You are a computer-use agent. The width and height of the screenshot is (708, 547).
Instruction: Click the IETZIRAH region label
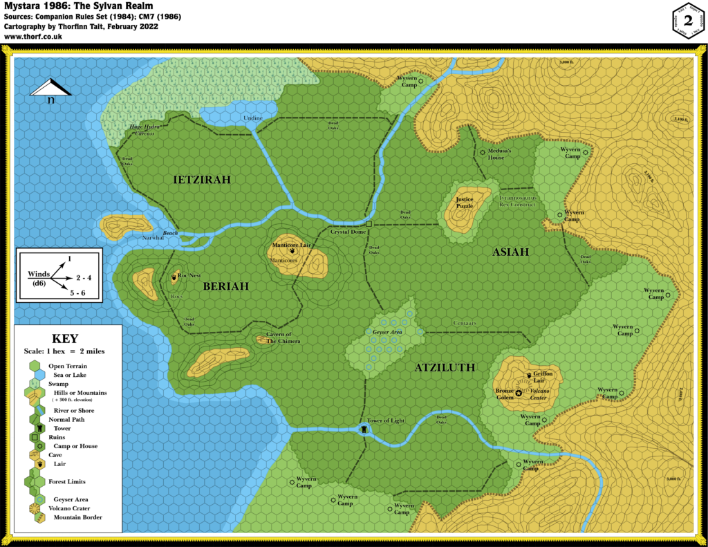point(201,180)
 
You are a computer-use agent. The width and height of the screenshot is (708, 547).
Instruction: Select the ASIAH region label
point(510,252)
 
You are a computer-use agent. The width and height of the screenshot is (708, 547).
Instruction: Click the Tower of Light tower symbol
point(364,429)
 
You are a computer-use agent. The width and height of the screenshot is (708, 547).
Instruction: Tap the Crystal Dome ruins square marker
point(369,224)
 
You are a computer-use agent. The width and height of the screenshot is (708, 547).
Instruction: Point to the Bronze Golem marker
point(519,392)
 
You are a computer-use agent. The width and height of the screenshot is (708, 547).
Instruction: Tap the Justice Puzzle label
point(464,203)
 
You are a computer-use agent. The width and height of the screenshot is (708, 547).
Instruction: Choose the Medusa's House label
point(499,154)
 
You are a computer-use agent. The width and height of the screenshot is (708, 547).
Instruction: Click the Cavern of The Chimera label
point(283,337)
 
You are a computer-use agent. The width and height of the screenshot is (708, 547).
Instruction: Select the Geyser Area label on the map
point(387,332)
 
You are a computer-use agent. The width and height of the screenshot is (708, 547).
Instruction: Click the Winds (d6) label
point(39,279)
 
